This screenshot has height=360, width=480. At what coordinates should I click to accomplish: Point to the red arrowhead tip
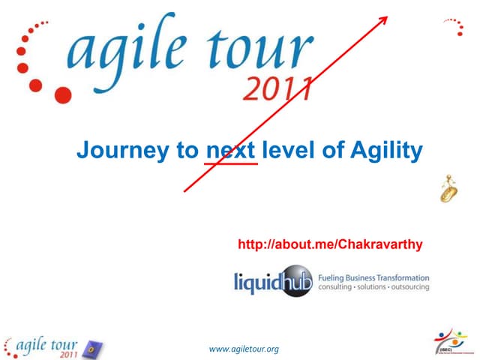click(x=387, y=17)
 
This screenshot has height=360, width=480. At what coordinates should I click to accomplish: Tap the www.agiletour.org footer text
click(x=244, y=349)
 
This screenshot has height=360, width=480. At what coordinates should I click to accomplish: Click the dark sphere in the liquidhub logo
click(x=295, y=280)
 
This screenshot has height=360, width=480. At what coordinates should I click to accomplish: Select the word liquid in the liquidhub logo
click(x=257, y=282)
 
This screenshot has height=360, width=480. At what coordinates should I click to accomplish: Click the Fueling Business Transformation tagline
click(x=374, y=277)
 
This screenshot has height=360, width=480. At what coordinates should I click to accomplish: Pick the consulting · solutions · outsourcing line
click(x=374, y=287)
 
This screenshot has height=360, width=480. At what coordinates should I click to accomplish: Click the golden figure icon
click(x=448, y=188)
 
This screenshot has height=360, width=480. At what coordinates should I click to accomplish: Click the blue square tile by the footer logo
click(x=94, y=349)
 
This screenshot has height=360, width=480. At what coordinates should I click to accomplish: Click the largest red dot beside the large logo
click(x=63, y=95)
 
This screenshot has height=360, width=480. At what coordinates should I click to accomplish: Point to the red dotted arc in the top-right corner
click(x=453, y=26)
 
